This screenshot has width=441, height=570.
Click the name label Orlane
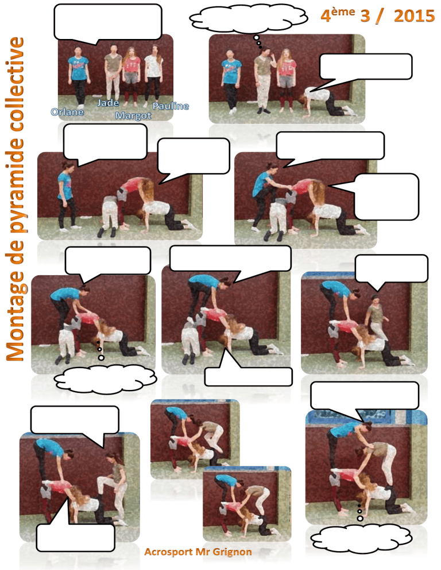point(67,112)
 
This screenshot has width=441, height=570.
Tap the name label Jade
point(108,103)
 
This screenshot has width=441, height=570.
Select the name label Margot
point(133,116)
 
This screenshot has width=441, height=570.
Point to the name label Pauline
point(171,106)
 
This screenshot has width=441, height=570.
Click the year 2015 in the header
point(414,16)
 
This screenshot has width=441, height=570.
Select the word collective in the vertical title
point(16,84)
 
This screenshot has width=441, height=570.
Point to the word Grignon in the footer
point(232,552)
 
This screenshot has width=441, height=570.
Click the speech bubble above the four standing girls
point(108,22)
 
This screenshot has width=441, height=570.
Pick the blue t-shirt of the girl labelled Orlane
point(79,69)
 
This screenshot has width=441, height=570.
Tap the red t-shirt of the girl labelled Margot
point(132,65)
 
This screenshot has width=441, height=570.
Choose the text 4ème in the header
point(338,15)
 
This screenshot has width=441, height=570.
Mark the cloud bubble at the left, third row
point(105,380)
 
